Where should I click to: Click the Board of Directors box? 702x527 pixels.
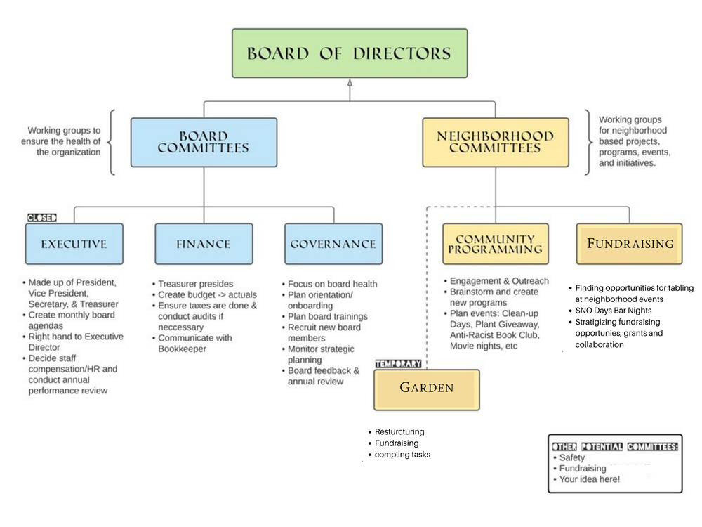point(350,53)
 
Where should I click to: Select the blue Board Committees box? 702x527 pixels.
point(204,143)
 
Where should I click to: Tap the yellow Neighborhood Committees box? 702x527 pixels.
point(495,143)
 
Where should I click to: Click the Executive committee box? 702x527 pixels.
point(74,244)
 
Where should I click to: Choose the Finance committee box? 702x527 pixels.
point(204,244)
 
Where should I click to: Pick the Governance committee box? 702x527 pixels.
point(333,244)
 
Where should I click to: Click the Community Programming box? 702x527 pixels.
point(495,244)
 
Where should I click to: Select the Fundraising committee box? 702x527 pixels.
point(629,244)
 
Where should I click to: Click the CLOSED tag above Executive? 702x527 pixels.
point(42,218)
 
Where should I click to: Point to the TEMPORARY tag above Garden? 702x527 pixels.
point(398,364)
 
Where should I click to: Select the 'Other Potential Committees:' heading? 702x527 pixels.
point(615,446)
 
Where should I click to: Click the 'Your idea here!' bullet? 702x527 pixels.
point(590,479)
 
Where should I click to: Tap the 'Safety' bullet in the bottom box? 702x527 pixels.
point(571,457)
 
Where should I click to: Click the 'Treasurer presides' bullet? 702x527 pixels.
point(195,284)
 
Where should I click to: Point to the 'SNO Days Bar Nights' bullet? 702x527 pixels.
point(613,311)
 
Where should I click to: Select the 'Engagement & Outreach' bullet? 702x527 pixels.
point(499,281)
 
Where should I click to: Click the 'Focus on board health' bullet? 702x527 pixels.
point(332,284)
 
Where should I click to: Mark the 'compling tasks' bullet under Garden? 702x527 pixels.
point(402,455)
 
